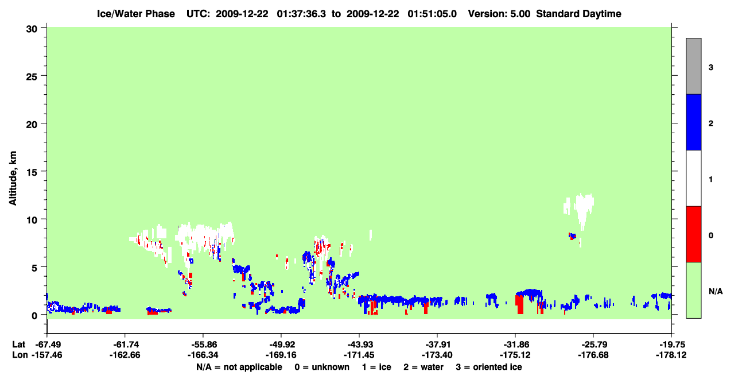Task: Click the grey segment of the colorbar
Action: (x=693, y=66)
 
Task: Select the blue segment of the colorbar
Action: (x=693, y=122)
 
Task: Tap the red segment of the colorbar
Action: (x=693, y=234)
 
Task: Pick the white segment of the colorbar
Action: (x=693, y=179)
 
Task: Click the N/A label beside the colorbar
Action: (x=716, y=291)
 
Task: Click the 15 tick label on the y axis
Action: (x=32, y=172)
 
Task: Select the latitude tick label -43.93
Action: (x=360, y=345)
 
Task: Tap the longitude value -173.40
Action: (x=437, y=355)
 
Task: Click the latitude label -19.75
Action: (x=672, y=345)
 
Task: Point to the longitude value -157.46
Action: (x=46, y=355)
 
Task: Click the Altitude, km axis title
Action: (x=13, y=179)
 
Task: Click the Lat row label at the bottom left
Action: (x=19, y=345)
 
